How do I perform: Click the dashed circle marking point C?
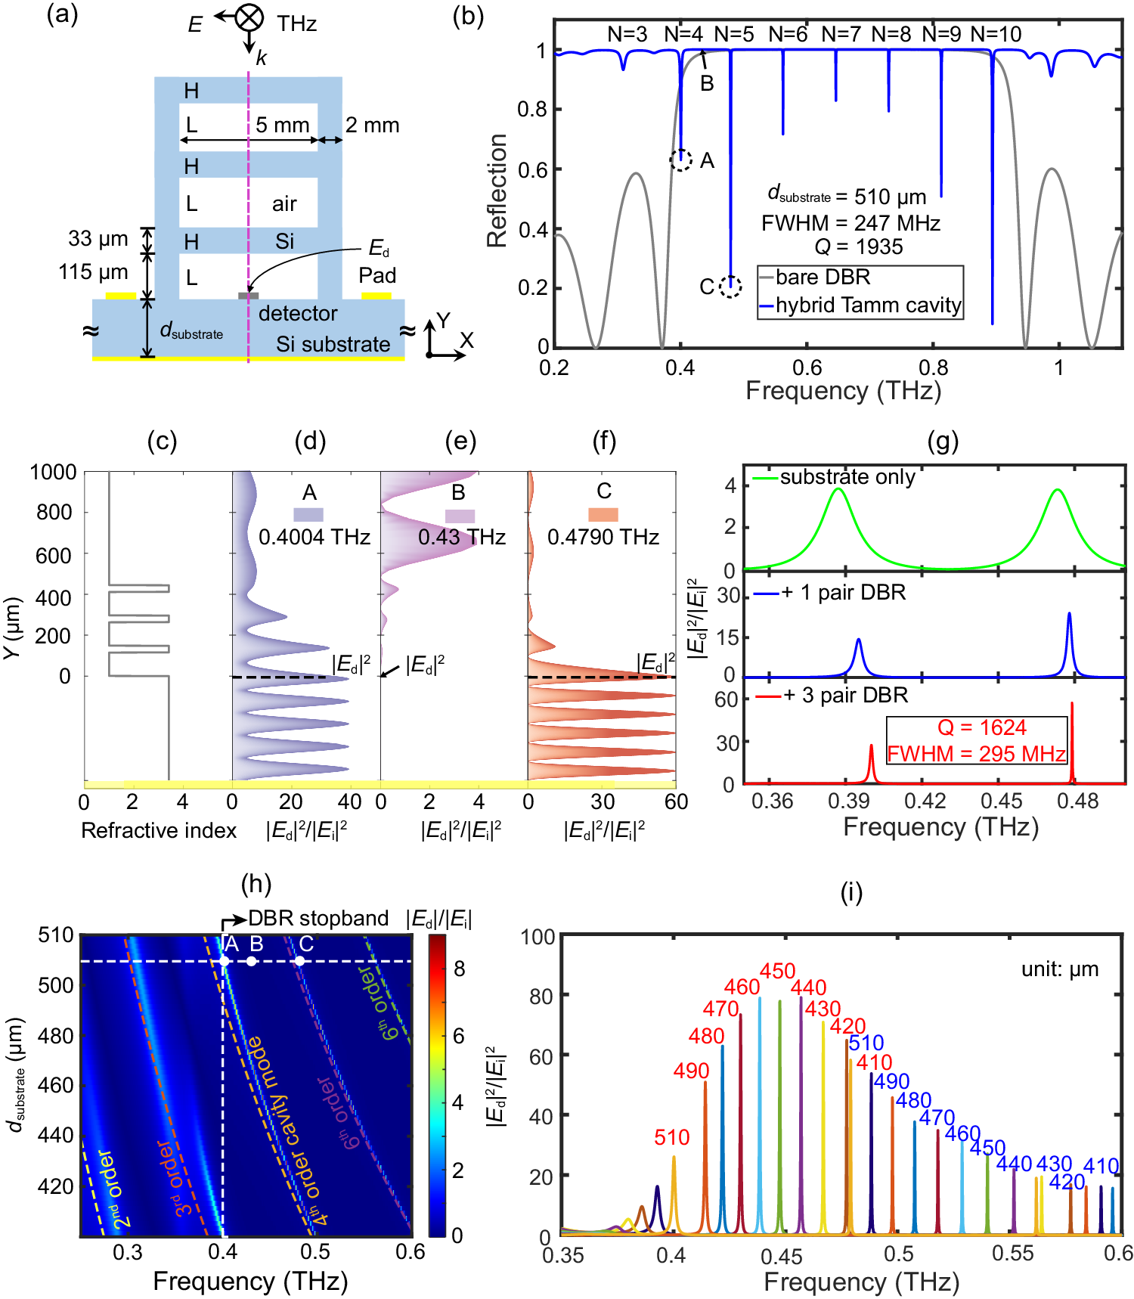[x=730, y=287]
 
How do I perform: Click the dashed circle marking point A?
[x=681, y=160]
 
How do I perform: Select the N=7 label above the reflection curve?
[x=841, y=35]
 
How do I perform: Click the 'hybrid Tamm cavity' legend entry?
[x=868, y=305]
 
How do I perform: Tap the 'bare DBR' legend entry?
[x=823, y=277]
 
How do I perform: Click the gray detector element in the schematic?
[x=249, y=296]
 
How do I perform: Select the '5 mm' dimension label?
[x=282, y=125]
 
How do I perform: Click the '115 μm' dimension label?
[x=93, y=272]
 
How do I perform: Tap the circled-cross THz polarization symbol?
[x=249, y=17]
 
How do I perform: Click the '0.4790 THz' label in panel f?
[x=603, y=537]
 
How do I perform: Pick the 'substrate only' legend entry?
[x=847, y=477]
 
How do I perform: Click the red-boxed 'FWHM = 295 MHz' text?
[x=976, y=754]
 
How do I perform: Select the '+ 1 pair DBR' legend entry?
[x=843, y=592]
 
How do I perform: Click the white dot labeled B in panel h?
[x=252, y=961]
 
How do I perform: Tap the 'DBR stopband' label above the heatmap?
[x=318, y=919]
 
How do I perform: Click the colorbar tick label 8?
[x=459, y=969]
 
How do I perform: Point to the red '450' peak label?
[x=777, y=971]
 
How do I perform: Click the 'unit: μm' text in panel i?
[x=1060, y=969]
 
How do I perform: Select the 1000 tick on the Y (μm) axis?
[x=53, y=473]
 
